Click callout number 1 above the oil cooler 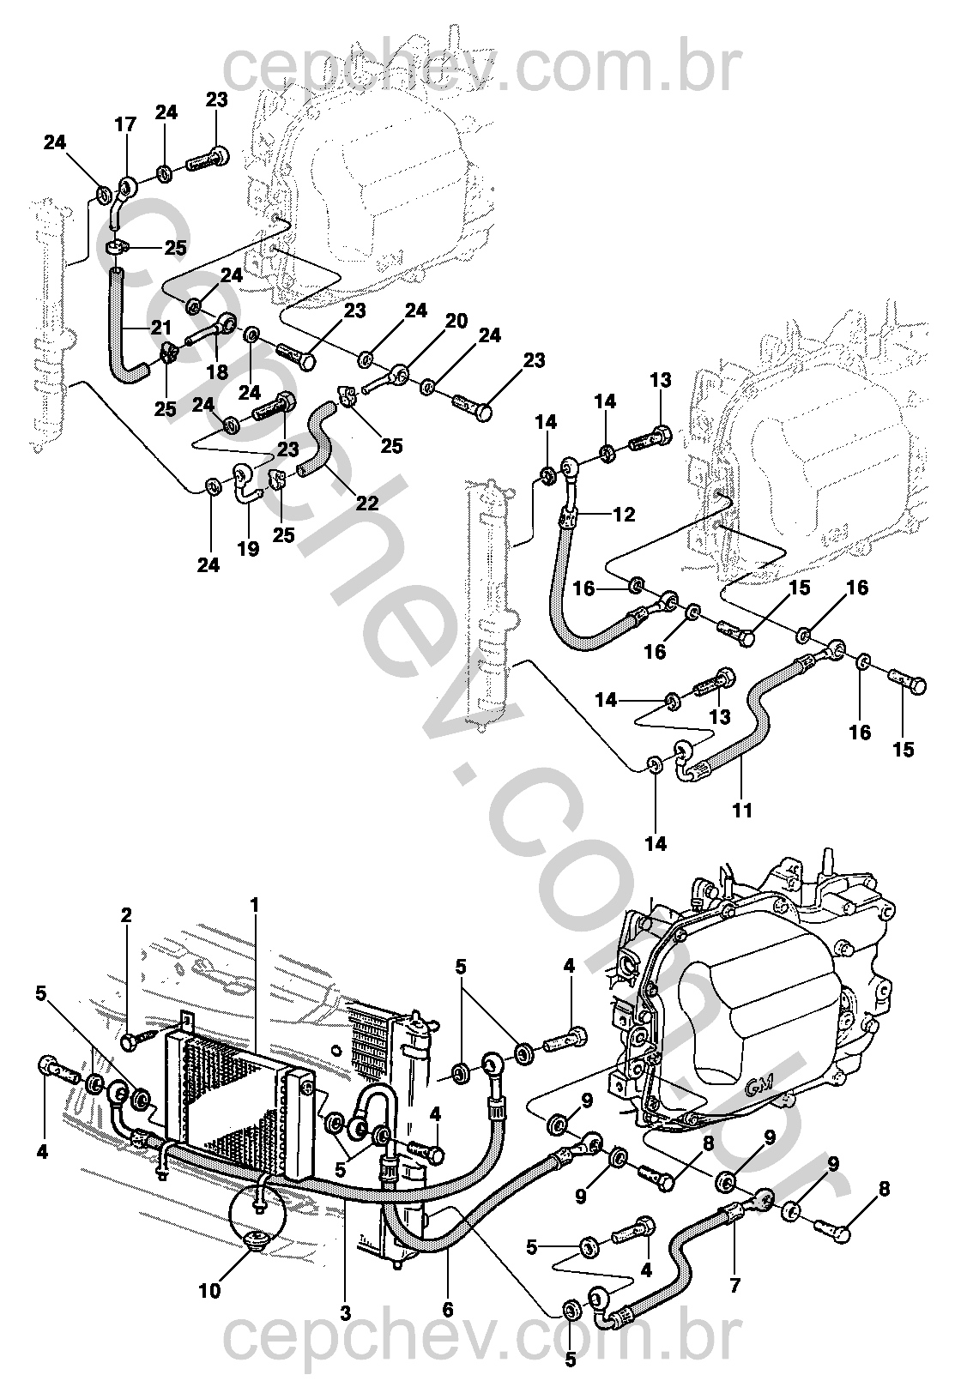pos(254,904)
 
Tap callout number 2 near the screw pos(126,915)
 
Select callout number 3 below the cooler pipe pos(346,1312)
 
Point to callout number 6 pos(448,1311)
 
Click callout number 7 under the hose pos(735,1286)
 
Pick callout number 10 pos(210,1290)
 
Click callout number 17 pos(125,125)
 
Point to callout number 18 pos(218,371)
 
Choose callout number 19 pos(248,548)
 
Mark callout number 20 pos(456,321)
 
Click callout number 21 pos(161,327)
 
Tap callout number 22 pos(367,504)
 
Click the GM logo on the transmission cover pos(759,1084)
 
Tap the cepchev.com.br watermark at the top pos(480,68)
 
